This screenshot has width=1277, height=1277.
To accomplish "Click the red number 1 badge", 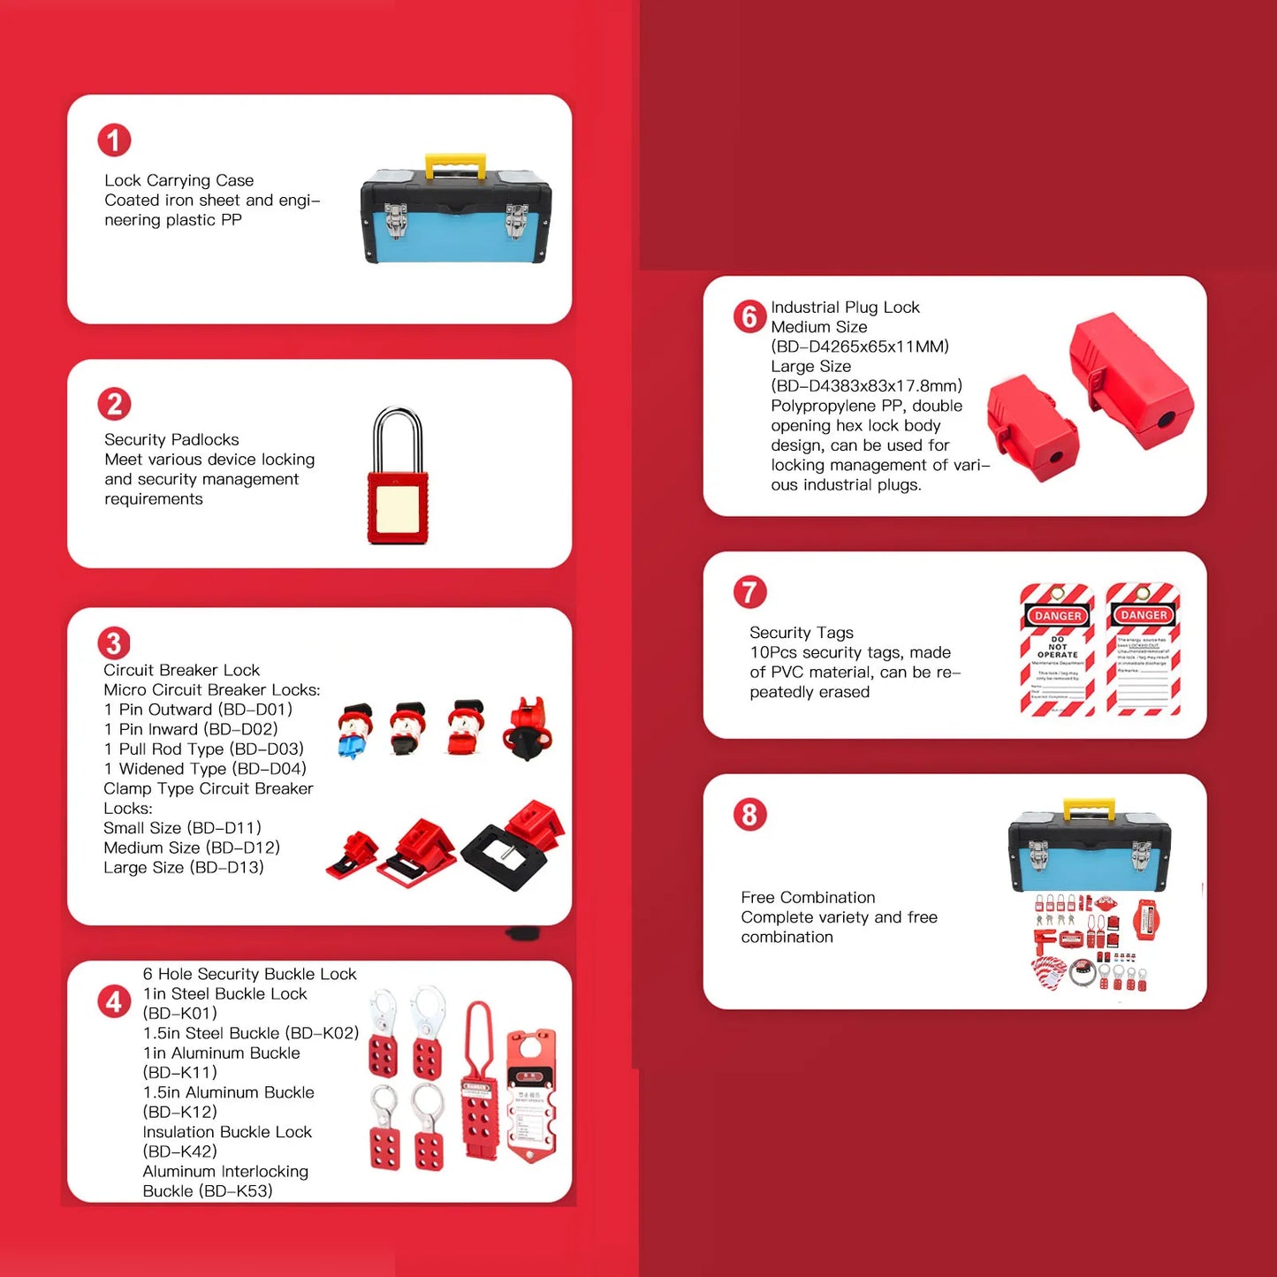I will pos(114,140).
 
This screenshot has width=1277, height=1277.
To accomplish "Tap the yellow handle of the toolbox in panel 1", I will pos(455,163).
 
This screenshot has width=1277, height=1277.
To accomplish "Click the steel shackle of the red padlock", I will pos(398,437).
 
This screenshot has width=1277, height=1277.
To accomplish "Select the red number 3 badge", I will pos(114,642).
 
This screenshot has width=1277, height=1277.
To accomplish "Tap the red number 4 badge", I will pos(114,1002).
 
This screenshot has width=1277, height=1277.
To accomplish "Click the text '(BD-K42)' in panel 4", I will pos(179,1152).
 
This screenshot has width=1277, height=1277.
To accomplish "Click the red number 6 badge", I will pos(749,316).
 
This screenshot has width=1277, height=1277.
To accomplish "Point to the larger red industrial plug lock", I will pos(1130,382).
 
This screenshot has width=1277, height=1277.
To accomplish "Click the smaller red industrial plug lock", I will pos(1033,427).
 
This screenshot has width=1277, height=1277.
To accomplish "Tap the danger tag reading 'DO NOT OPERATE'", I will pos(1058,650).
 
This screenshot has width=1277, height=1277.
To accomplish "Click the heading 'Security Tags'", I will pos(802,633).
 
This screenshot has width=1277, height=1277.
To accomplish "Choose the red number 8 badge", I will pos(749,814).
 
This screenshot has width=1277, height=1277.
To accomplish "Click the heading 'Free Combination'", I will pos(808,897).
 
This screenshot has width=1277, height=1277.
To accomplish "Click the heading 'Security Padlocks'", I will pos(171,439).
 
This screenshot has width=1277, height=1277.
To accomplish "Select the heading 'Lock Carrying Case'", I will pos(179,180).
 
